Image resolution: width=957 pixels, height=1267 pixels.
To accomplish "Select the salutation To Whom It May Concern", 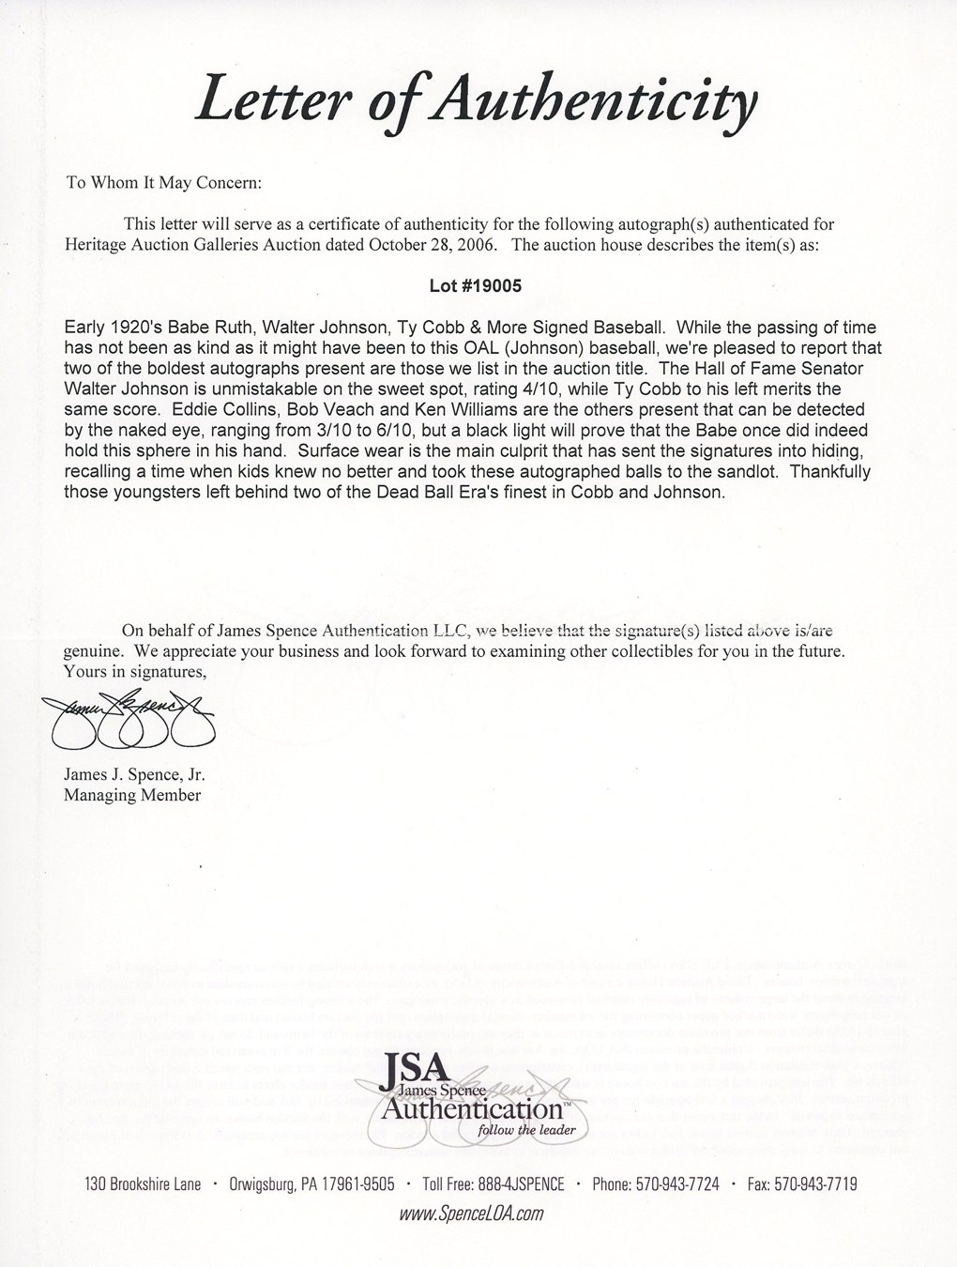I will tap(163, 182).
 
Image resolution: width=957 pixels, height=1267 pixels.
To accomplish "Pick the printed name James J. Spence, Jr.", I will tap(134, 775).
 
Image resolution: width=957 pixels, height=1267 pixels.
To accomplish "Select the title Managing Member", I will tap(132, 795).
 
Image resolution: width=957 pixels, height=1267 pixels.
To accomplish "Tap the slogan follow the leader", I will tap(526, 1129).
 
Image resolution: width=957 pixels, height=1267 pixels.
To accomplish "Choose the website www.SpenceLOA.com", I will tap(472, 1214).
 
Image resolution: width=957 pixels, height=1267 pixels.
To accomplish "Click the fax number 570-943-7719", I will tap(802, 1183).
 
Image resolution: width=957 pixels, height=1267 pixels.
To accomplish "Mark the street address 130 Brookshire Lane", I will tap(143, 1183).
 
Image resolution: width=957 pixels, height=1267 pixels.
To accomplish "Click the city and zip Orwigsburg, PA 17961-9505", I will tap(312, 1183).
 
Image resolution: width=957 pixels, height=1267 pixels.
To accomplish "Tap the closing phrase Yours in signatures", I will tap(134, 671).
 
